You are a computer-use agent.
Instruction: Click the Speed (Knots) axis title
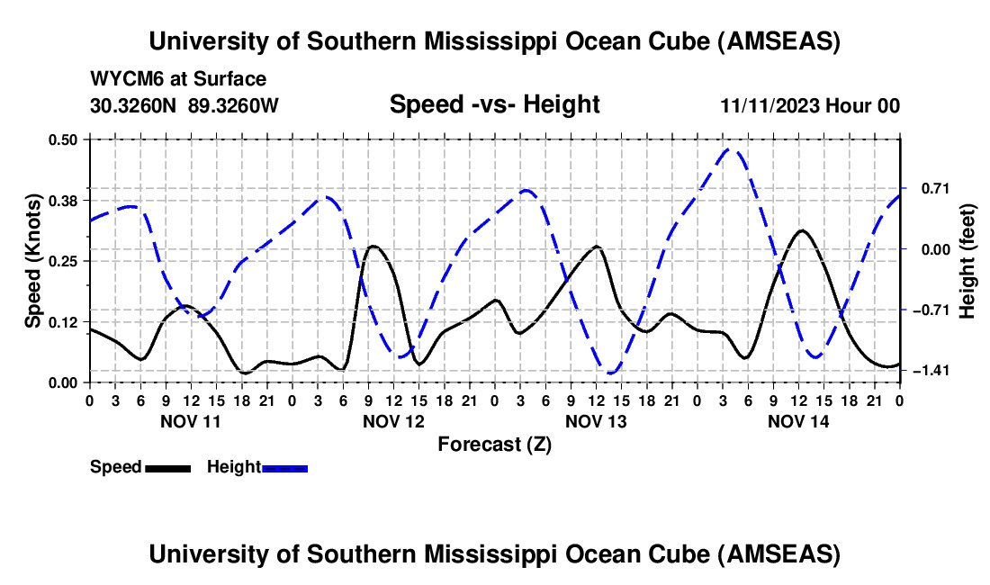point(33,261)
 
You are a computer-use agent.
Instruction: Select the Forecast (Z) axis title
point(494,444)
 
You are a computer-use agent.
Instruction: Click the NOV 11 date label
point(190,421)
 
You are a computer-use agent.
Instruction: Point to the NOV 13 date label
point(595,421)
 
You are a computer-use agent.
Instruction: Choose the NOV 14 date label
point(797,421)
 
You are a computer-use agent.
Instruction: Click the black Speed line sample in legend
point(167,468)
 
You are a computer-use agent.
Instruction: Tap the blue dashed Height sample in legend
point(284,468)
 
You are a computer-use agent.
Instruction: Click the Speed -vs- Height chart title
point(494,104)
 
